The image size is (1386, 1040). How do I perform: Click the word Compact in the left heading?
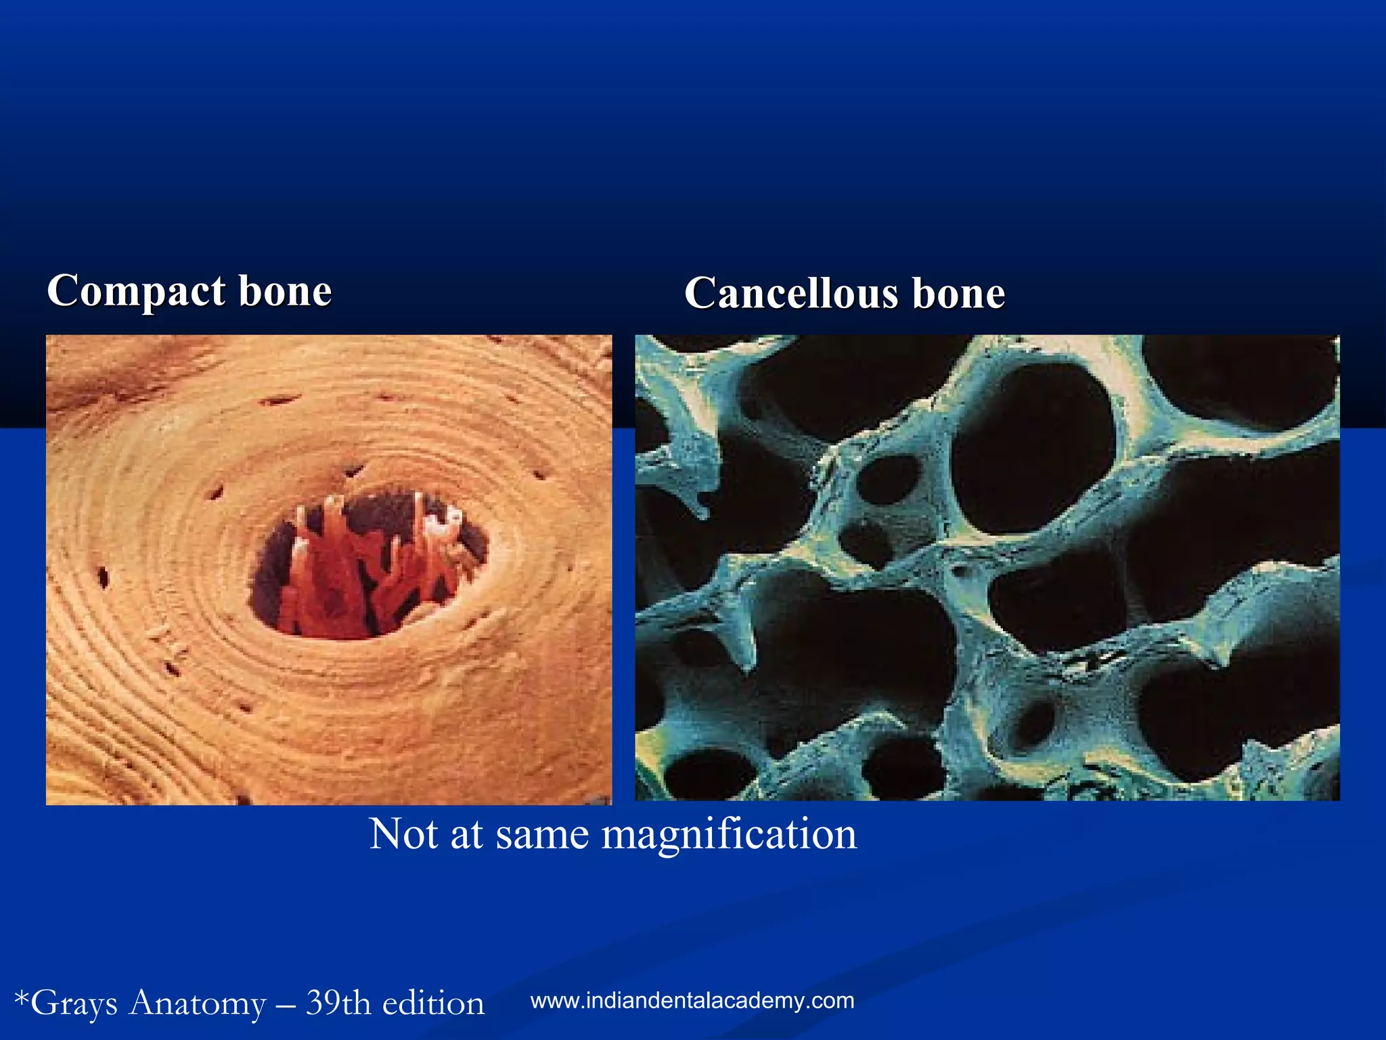(136, 292)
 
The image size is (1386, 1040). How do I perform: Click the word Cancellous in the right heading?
(790, 295)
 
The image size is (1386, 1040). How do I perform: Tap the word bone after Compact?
(285, 292)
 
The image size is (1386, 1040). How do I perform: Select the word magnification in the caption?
(729, 834)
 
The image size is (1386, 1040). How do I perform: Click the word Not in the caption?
(404, 834)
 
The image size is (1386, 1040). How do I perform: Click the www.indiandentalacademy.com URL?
(692, 1001)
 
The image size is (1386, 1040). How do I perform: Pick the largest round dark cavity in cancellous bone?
(1034, 447)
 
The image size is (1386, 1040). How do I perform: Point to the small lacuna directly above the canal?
(353, 469)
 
